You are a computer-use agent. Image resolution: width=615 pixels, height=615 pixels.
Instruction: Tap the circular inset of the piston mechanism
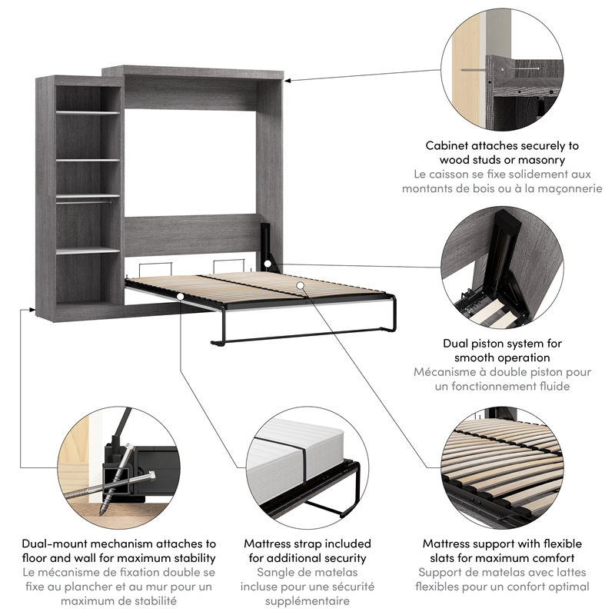(504, 269)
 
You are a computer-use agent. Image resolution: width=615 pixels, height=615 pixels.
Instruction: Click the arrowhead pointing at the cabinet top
(291, 78)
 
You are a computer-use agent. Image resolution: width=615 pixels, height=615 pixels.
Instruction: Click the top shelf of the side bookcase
(88, 112)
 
